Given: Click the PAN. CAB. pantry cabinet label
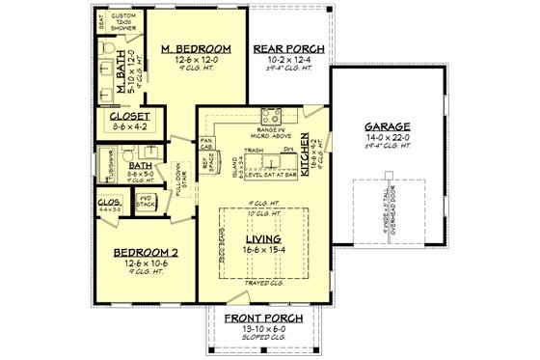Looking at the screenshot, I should point(205,144).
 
